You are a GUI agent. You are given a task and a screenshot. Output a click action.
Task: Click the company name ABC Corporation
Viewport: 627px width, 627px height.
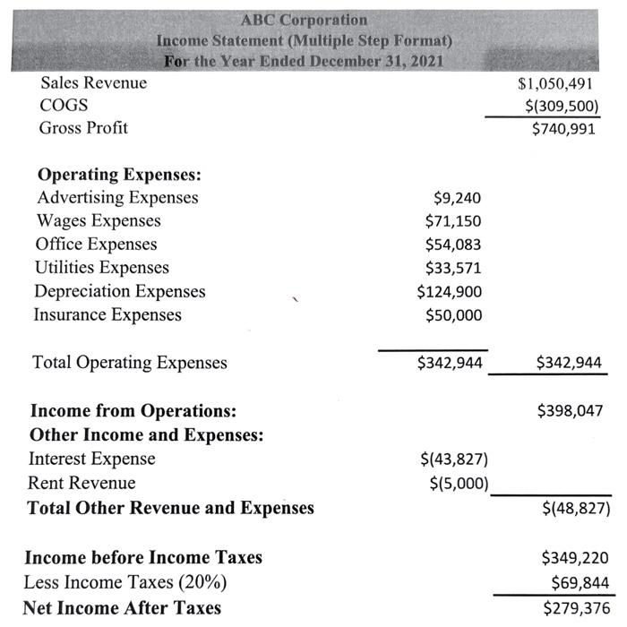[x=304, y=20]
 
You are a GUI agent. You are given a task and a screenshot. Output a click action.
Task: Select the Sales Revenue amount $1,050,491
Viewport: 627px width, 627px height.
[x=558, y=84]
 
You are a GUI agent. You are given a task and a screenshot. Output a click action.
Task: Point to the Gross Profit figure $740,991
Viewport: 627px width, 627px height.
[x=563, y=129]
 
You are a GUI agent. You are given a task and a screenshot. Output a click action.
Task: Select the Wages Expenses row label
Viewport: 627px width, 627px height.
[x=99, y=221]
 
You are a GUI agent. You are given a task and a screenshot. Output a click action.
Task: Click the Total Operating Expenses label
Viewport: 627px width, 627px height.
[x=130, y=363]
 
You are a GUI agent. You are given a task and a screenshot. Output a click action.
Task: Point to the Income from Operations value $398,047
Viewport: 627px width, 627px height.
[x=570, y=411]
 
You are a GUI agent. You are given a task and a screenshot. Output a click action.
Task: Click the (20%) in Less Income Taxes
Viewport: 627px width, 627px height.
[x=203, y=582]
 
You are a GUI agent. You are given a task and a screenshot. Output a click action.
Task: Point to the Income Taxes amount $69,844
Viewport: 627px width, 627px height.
[x=577, y=583]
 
